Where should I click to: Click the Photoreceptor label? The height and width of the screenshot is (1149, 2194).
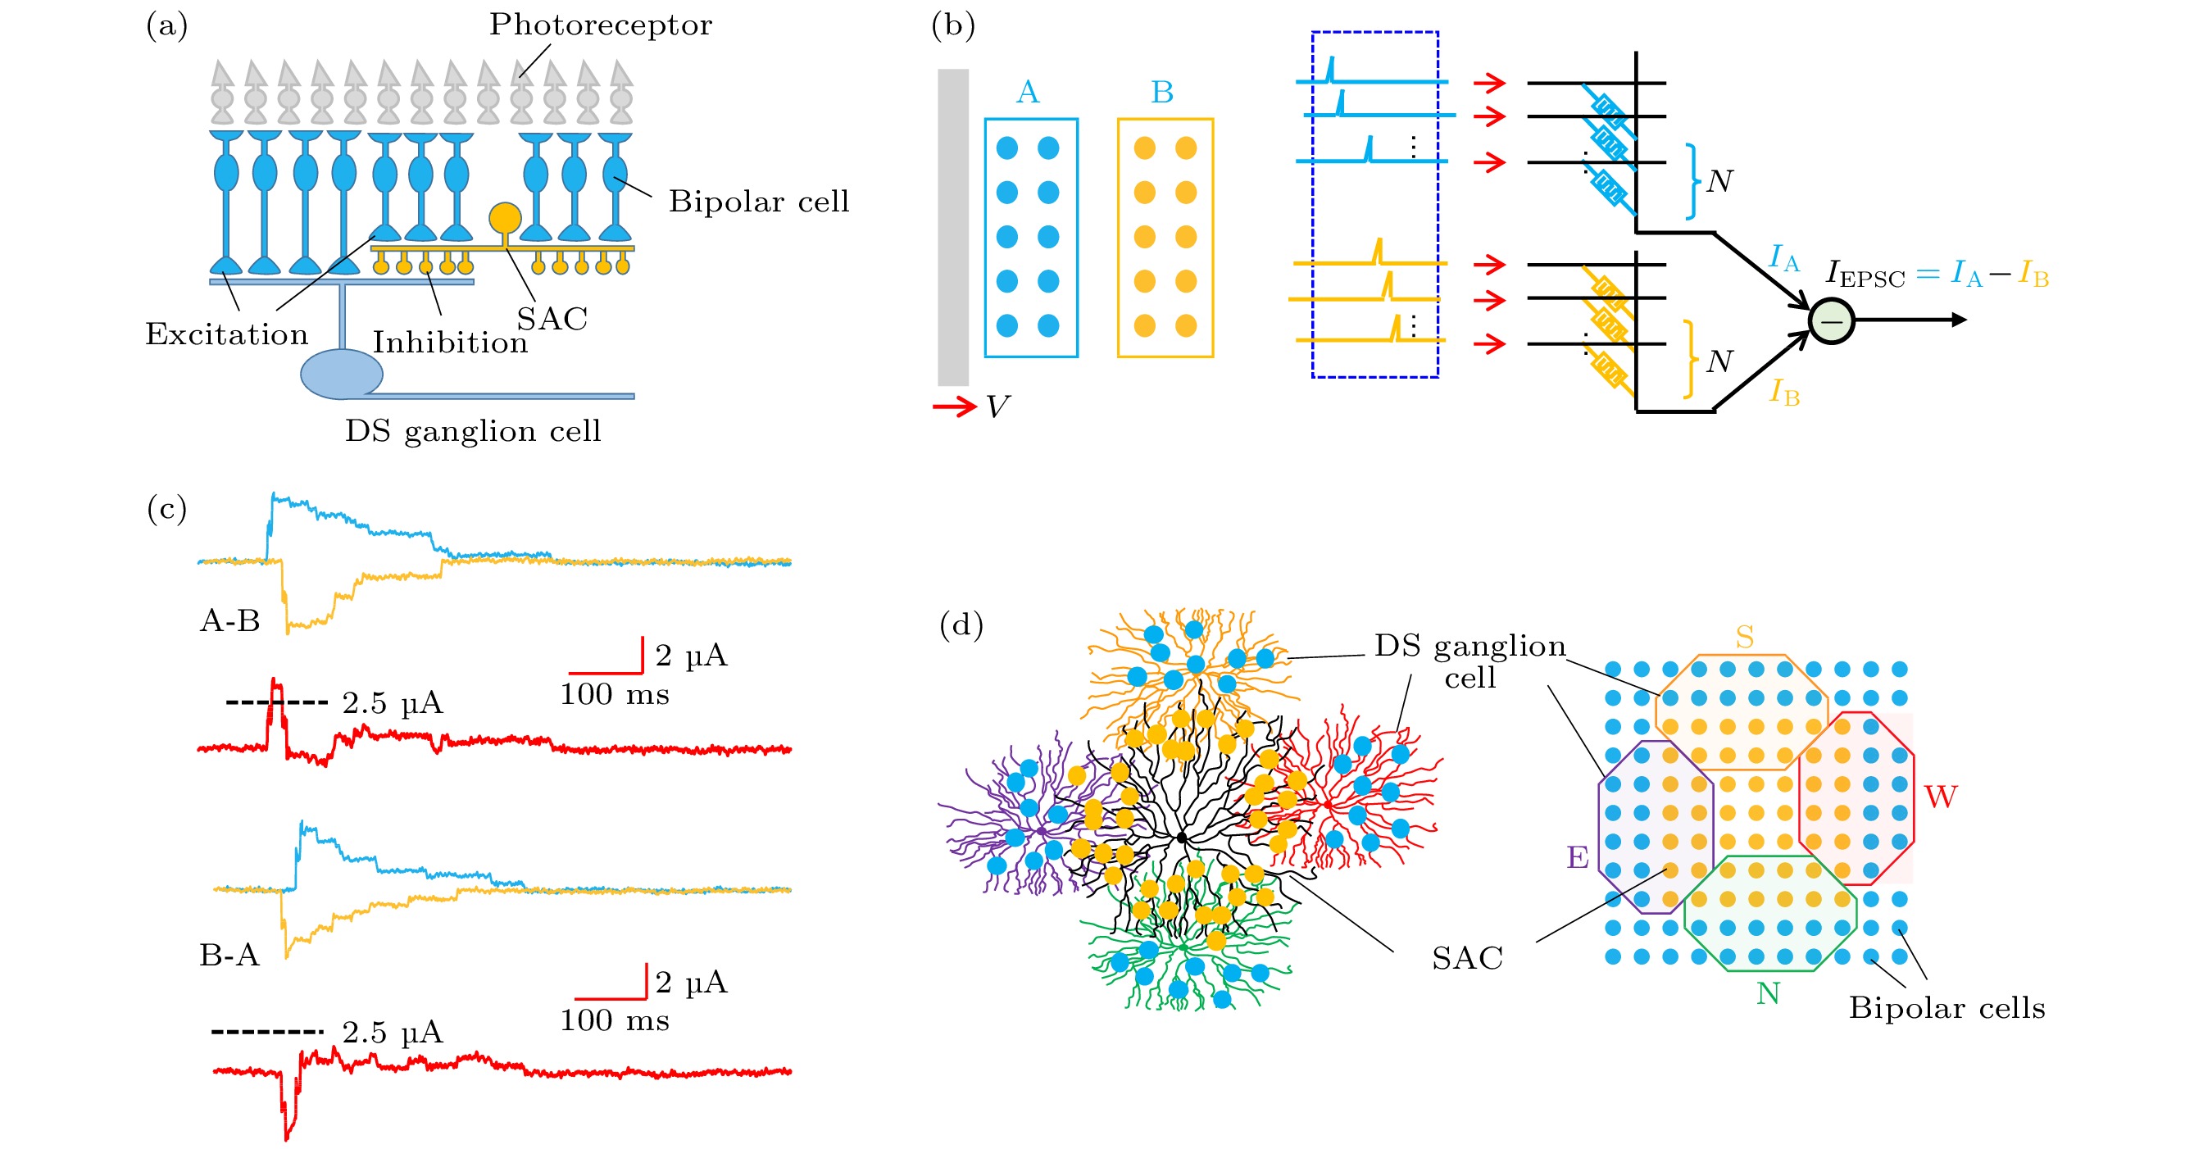click(x=600, y=25)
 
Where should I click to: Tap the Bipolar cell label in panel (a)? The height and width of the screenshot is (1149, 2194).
click(x=758, y=202)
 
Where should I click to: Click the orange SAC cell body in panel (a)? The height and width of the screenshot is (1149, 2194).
click(x=504, y=218)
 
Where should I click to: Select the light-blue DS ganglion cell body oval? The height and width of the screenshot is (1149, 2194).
click(x=342, y=374)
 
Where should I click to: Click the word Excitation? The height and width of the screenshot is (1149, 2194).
click(x=226, y=334)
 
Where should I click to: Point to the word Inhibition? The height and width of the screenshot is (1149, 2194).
click(x=450, y=343)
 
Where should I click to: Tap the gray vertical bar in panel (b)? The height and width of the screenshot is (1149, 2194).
click(x=952, y=226)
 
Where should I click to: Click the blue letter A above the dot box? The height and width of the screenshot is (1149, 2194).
click(x=1027, y=92)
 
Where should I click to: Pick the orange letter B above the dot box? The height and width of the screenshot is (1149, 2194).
click(x=1161, y=92)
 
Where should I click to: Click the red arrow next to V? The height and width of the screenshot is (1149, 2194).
click(x=954, y=406)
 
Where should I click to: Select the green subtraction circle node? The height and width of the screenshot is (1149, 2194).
click(x=1831, y=321)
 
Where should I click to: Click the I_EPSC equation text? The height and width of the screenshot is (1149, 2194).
click(x=1937, y=275)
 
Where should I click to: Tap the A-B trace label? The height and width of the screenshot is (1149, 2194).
click(x=229, y=621)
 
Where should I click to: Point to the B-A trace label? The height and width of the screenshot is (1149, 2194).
click(x=229, y=956)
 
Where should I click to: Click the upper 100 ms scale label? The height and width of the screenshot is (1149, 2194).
click(x=614, y=694)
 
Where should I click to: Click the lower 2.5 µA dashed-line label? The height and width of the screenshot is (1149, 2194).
click(x=392, y=1033)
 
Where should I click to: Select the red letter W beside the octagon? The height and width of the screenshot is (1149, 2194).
click(x=1940, y=797)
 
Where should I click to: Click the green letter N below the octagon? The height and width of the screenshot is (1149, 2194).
click(x=1767, y=993)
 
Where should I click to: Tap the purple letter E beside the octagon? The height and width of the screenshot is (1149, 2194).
click(x=1578, y=857)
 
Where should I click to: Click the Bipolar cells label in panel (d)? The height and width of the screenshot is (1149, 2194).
click(x=1946, y=1009)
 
